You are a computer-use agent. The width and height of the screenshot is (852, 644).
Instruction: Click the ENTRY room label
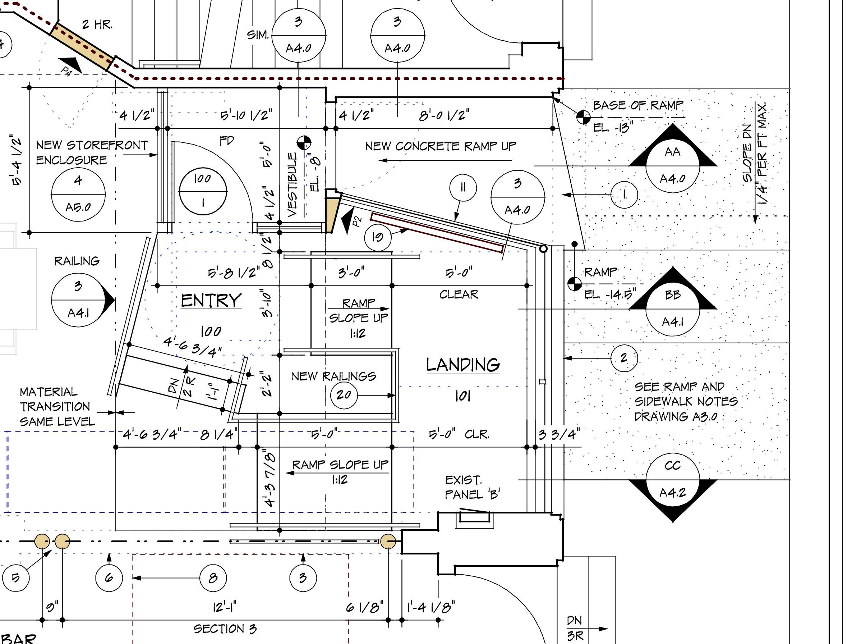coord(211,300)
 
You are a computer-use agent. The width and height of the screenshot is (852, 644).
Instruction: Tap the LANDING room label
coord(463,365)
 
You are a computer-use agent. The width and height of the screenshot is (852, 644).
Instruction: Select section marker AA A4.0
coord(673,166)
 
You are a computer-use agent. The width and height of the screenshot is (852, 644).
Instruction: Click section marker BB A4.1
coord(673,308)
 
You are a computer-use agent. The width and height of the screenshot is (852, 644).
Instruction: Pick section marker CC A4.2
coord(673,480)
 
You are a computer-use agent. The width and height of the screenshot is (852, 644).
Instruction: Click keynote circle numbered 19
coord(377,237)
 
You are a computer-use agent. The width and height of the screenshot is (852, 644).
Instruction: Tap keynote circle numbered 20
coord(344,395)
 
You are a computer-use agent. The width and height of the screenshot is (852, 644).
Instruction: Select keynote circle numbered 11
coord(462,188)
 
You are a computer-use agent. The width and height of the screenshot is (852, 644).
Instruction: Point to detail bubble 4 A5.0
coord(78,194)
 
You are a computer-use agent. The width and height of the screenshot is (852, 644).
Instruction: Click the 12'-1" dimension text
coord(225,607)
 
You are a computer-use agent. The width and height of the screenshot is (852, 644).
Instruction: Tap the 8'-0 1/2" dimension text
coord(444,115)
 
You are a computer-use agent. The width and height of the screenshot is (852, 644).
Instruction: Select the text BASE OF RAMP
coord(638,105)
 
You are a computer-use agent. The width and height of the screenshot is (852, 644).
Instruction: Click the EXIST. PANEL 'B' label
coord(472,488)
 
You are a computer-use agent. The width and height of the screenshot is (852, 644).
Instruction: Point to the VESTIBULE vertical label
coord(293,185)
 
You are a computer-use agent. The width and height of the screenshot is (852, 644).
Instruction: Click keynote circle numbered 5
coord(15,578)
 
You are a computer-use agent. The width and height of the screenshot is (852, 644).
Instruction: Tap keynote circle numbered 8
coord(213,578)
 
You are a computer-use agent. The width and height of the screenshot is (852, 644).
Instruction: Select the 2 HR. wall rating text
coord(97,25)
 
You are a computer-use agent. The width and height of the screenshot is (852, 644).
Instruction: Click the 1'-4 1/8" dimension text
coord(430,607)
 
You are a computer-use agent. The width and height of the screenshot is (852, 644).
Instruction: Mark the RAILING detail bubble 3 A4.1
coord(78,300)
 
